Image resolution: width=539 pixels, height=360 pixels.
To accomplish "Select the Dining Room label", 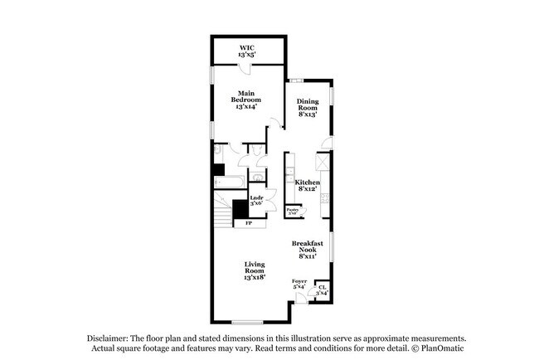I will [x=308, y=105].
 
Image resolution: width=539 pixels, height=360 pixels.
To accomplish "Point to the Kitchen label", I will [x=308, y=185].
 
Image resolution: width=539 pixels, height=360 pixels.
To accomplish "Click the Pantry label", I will [x=293, y=212].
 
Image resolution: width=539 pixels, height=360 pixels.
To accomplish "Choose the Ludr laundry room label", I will [x=256, y=200].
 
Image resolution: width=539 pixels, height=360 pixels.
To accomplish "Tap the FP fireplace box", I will [x=247, y=223].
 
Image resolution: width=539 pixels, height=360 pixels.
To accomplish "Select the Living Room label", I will [x=254, y=270].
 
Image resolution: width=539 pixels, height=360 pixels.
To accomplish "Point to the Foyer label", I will [x=299, y=284].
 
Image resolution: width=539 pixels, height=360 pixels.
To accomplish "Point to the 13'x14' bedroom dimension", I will [x=247, y=107].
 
